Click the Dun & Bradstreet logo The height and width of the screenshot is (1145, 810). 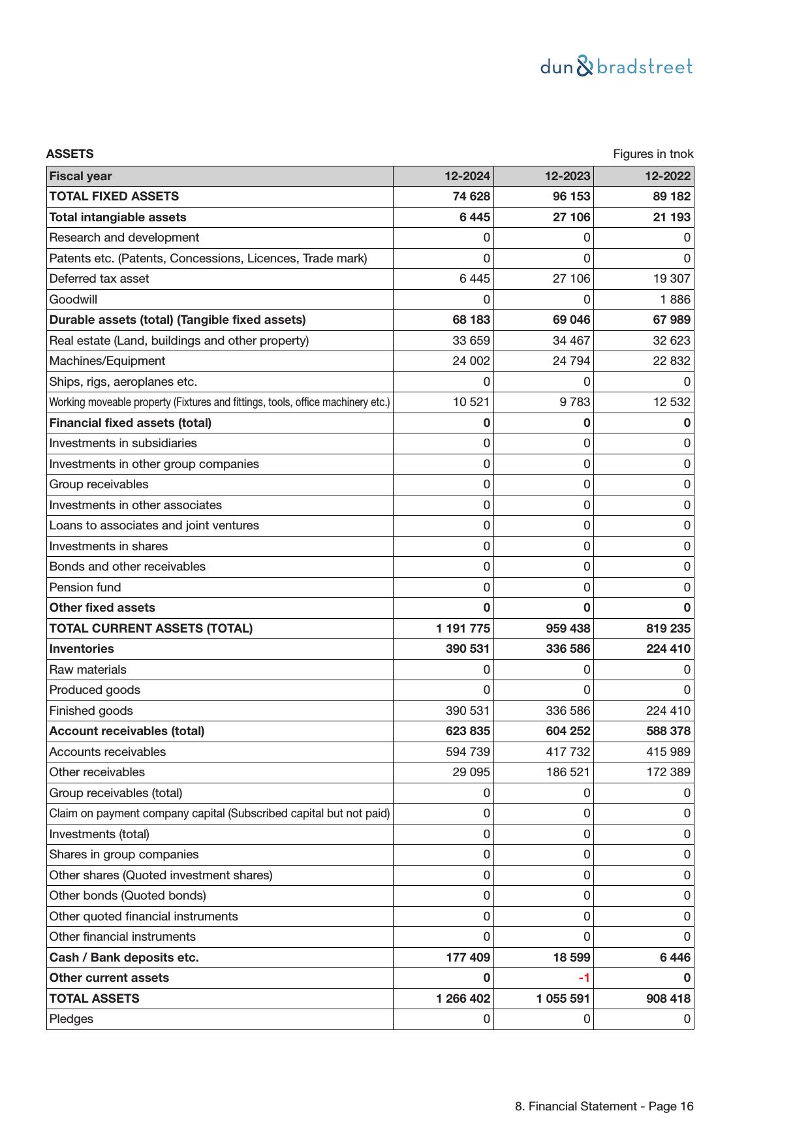pyautogui.click(x=616, y=67)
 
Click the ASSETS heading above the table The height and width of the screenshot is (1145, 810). pyautogui.click(x=70, y=154)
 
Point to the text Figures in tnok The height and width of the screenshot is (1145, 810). pyautogui.click(x=653, y=154)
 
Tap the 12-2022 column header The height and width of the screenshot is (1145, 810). pyautogui.click(x=668, y=176)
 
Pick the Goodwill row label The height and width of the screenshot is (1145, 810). pyautogui.click(x=73, y=300)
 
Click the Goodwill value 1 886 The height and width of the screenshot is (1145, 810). pyautogui.click(x=675, y=300)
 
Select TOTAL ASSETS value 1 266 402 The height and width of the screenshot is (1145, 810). pyautogui.click(x=463, y=999)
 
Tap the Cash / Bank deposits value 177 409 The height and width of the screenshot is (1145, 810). pyautogui.click(x=468, y=958)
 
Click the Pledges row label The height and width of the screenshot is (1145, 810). pyautogui.click(x=71, y=1019)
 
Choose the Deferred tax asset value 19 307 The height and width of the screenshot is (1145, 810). pyautogui.click(x=671, y=279)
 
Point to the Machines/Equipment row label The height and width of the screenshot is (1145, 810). pyautogui.click(x=107, y=361)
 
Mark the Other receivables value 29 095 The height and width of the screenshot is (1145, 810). pyautogui.click(x=471, y=772)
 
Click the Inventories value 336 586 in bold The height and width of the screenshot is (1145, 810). pyautogui.click(x=568, y=649)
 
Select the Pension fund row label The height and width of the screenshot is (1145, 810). pyautogui.click(x=85, y=588)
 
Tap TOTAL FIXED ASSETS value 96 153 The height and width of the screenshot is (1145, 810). pyautogui.click(x=572, y=196)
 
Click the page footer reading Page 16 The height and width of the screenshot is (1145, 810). pyautogui.click(x=604, y=1106)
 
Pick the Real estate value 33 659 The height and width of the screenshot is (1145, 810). pyautogui.click(x=471, y=341)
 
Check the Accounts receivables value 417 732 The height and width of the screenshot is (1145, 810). pyautogui.click(x=568, y=752)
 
